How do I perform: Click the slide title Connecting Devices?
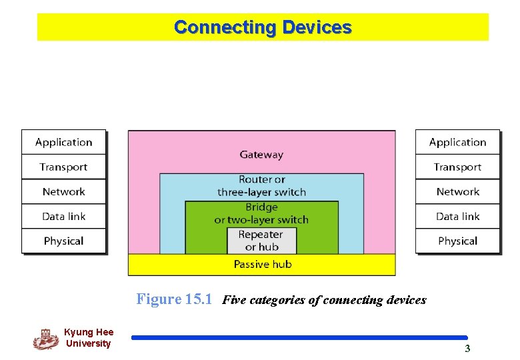coord(263,27)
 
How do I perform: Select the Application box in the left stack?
coord(64,142)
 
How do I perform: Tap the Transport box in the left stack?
coord(64,167)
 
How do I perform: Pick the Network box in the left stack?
coord(64,191)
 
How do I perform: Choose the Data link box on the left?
coord(64,216)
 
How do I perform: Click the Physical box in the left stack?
coord(64,241)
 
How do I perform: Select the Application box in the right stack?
coord(458,142)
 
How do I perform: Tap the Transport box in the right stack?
coord(458,167)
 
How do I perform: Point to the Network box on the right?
coord(458,191)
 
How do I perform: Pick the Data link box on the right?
coord(458,216)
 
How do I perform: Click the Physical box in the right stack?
coord(458,241)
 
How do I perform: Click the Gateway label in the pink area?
coord(261,155)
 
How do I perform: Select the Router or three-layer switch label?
coord(261,185)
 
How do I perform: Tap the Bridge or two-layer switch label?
coord(261,213)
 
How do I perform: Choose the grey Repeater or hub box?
coord(261,241)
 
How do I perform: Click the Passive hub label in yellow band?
coord(263,265)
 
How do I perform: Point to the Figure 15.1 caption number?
coord(174,299)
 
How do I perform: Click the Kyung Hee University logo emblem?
coord(45,339)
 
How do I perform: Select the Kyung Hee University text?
coord(89,338)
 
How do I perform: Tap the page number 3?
coord(467,349)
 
